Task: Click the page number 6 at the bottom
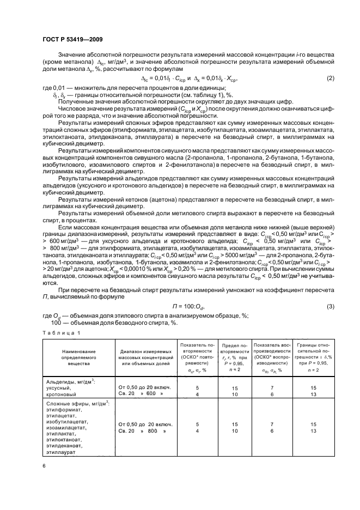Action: point(44,465)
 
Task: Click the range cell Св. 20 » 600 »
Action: point(141,394)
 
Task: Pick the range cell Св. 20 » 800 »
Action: point(141,430)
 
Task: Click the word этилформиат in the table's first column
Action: point(64,410)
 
